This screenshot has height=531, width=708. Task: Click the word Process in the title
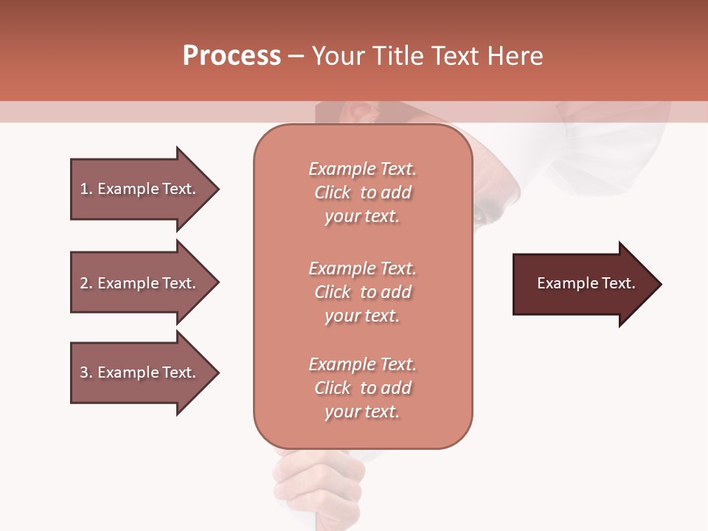232,56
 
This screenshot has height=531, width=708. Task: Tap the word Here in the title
515,56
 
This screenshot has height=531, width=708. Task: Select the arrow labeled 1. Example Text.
140,189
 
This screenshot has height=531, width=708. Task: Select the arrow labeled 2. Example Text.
140,283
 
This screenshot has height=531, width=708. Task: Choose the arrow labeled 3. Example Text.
140,372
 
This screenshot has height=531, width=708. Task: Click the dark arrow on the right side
583,284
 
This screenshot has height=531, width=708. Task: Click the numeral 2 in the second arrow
83,283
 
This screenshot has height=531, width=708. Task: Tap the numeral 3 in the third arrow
83,372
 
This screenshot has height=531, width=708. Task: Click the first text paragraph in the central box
362,192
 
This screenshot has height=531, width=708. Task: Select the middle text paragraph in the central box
362,292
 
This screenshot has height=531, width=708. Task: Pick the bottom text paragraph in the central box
362,388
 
